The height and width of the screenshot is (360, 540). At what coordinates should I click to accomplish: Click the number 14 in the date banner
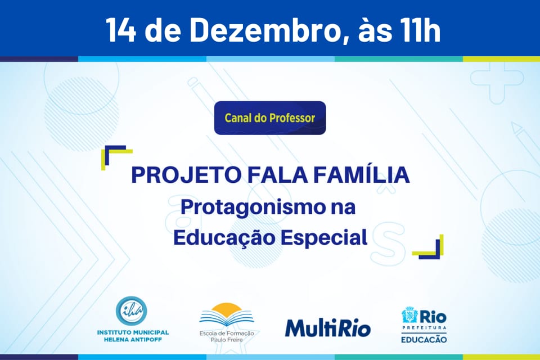pyautogui.click(x=120, y=30)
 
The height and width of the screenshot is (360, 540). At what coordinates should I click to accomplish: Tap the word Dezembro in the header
pyautogui.click(x=263, y=30)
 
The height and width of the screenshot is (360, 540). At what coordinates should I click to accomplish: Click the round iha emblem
pyautogui.click(x=131, y=310)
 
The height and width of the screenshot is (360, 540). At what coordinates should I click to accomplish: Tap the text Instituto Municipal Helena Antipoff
pyautogui.click(x=133, y=336)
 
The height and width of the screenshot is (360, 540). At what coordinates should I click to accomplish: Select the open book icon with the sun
pyautogui.click(x=227, y=315)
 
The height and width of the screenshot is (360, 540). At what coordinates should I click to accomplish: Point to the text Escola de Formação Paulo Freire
pyautogui.click(x=227, y=336)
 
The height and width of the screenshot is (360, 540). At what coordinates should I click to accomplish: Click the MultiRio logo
pyautogui.click(x=328, y=328)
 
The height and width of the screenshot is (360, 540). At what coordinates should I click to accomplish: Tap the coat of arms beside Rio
pyautogui.click(x=410, y=315)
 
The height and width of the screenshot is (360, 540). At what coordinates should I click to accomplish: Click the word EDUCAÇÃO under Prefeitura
pyautogui.click(x=424, y=340)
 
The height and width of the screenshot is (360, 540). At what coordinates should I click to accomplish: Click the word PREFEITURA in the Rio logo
pyautogui.click(x=424, y=328)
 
